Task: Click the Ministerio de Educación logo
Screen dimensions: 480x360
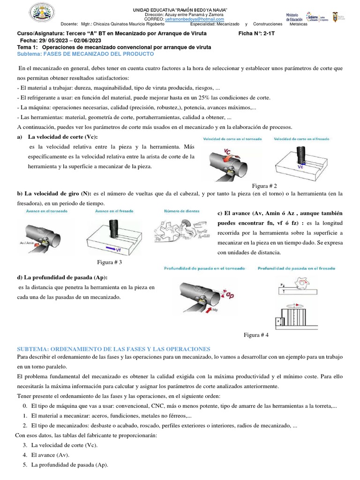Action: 294,17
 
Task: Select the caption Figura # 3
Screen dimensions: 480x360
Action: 109,262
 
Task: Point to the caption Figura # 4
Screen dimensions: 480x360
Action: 256,335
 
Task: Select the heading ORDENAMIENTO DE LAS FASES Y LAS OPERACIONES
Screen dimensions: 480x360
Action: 113,349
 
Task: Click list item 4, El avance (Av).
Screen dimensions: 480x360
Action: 50,455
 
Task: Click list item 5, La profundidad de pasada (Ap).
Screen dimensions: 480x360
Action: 69,465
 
